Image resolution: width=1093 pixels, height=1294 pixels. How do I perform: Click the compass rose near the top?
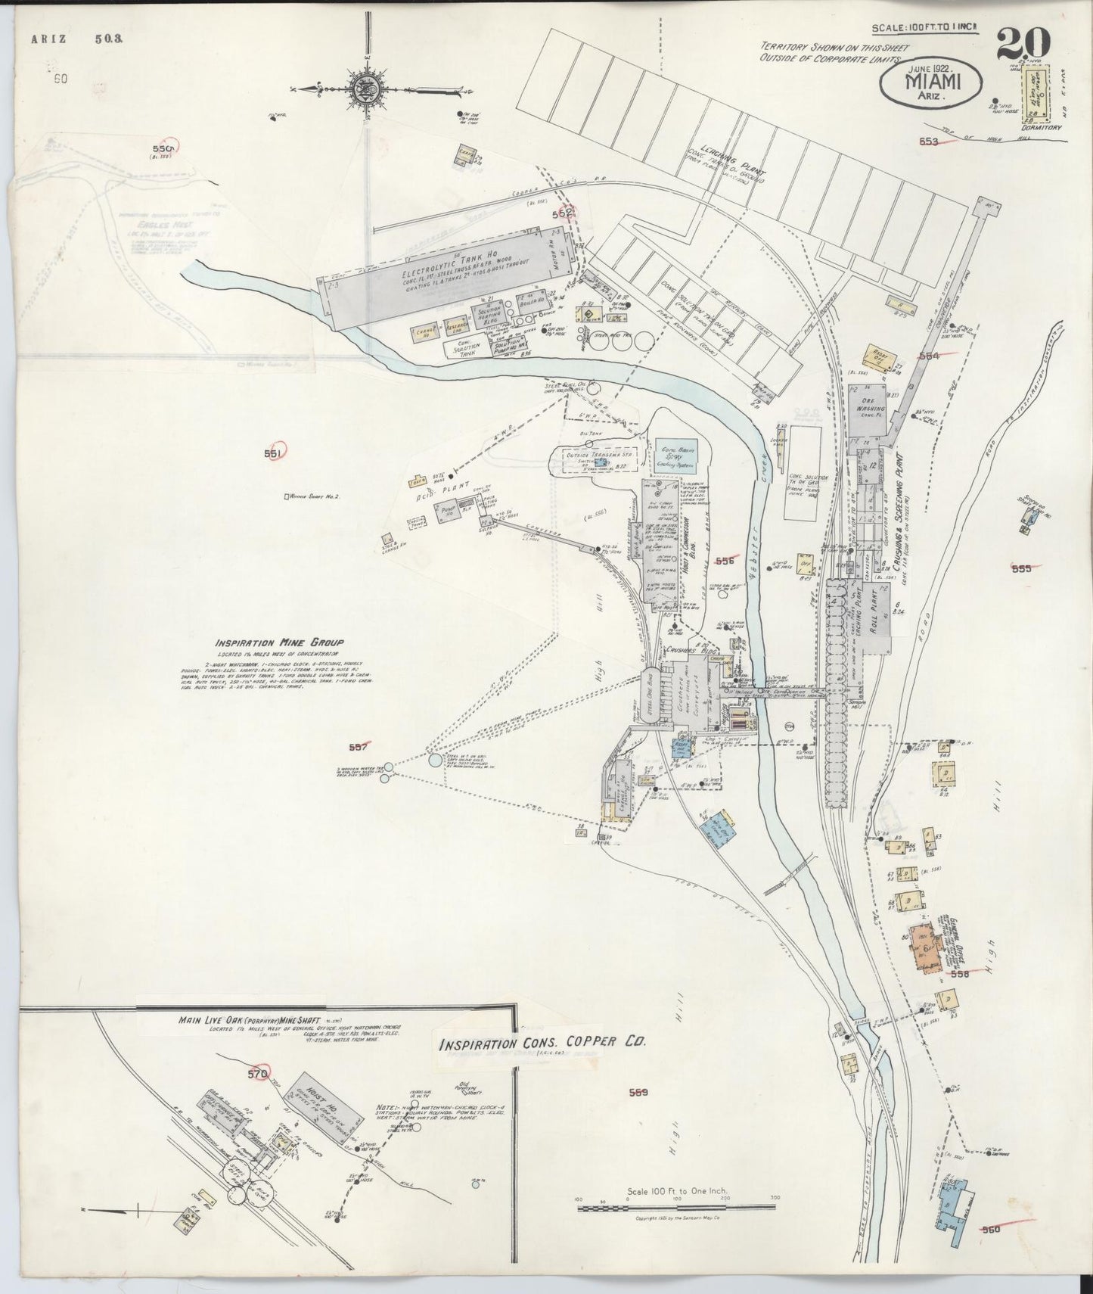point(364,89)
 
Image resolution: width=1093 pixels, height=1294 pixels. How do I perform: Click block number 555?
point(1021,568)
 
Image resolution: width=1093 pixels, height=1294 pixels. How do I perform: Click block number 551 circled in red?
point(273,453)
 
